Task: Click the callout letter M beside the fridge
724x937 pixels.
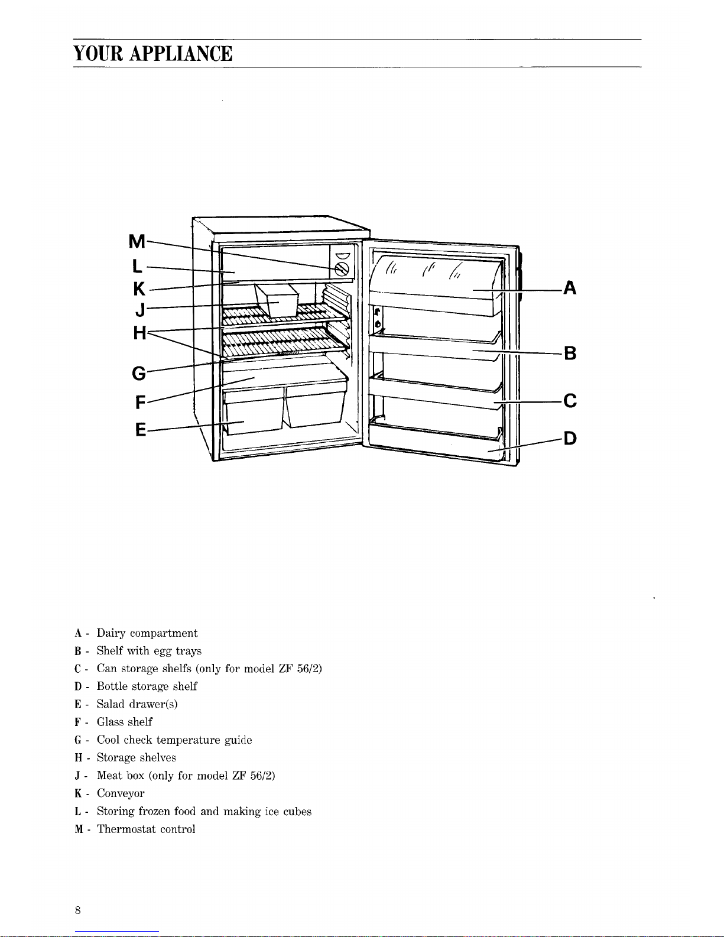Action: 137,241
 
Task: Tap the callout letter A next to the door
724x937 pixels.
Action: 570,288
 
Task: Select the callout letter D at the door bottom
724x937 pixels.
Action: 570,439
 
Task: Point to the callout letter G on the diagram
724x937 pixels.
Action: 139,374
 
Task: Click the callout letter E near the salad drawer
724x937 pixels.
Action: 141,429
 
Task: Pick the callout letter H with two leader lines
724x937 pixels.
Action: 139,333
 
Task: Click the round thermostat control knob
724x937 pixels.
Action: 342,269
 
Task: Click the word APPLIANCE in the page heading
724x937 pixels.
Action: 181,54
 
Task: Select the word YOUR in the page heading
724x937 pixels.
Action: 98,54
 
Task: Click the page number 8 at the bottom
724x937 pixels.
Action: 77,910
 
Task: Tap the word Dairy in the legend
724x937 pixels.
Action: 111,633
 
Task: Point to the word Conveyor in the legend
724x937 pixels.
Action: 121,794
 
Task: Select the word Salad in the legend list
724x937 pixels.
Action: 111,704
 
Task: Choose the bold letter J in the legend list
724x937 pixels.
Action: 77,776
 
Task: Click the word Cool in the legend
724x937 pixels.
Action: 108,740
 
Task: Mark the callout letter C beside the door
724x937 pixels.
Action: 570,401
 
